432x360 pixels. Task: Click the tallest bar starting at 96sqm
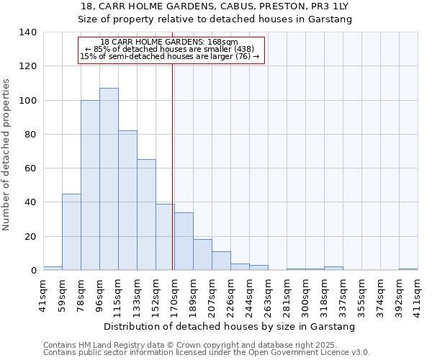[109, 179]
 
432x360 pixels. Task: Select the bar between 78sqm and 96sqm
[90, 185]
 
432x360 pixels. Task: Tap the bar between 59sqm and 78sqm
[71, 232]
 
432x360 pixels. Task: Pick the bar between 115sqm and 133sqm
[127, 200]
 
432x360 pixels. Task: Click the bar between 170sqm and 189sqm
[184, 241]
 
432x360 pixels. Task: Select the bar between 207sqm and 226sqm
[221, 261]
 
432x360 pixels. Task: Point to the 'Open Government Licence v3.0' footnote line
[207, 352]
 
